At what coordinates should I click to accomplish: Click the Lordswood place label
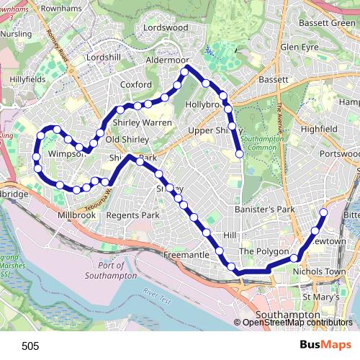(x=165, y=27)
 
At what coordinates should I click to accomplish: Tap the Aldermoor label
(x=167, y=60)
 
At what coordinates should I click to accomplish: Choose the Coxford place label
(x=136, y=84)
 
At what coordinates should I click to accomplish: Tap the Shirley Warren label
(x=142, y=123)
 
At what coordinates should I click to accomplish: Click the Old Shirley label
(x=127, y=140)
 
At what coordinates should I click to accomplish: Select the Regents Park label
(x=132, y=215)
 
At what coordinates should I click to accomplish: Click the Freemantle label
(x=186, y=255)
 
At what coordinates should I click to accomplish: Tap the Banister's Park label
(x=265, y=210)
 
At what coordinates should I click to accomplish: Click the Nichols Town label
(x=320, y=271)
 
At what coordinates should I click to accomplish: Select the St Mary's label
(x=319, y=297)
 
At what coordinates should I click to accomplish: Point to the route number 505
(x=30, y=346)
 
